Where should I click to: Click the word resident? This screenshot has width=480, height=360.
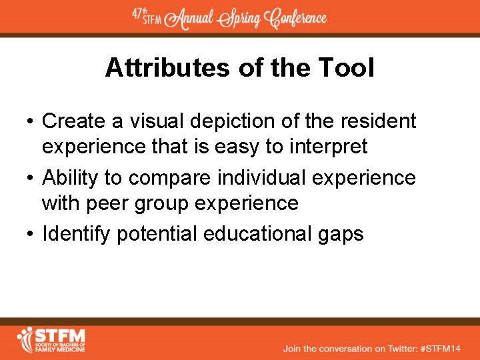(x=378, y=121)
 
